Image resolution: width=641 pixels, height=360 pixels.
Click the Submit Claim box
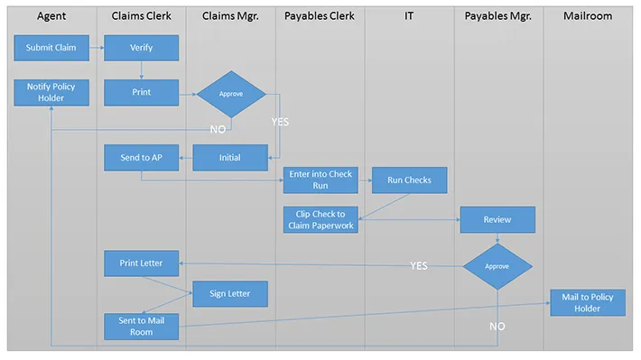click(x=51, y=48)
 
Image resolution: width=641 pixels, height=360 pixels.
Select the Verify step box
click(x=141, y=48)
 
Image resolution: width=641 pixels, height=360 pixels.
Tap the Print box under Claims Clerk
click(x=141, y=92)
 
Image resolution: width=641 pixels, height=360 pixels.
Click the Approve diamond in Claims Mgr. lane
click(x=231, y=93)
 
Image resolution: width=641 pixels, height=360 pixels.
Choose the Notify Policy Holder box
click(x=51, y=92)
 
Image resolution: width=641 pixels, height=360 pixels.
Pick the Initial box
click(x=230, y=157)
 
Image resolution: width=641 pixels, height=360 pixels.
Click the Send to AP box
click(x=141, y=157)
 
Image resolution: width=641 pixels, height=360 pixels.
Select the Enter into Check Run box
click(x=320, y=180)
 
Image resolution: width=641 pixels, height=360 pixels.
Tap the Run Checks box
click(x=409, y=180)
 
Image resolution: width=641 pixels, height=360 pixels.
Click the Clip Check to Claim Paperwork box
click(x=320, y=219)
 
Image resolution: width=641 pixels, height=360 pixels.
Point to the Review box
click(x=497, y=219)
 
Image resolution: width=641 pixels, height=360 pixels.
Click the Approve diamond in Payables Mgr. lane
click(x=497, y=266)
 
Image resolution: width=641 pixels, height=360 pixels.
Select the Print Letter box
click(x=141, y=263)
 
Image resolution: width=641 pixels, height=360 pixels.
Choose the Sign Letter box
click(x=229, y=293)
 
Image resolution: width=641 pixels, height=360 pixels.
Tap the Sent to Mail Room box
click(x=141, y=327)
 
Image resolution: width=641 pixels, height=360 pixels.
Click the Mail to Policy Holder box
click(x=588, y=303)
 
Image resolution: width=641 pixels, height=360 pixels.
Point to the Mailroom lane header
click(x=587, y=16)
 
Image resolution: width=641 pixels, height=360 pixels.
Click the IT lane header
click(x=409, y=16)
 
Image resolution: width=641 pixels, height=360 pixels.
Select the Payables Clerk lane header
click(x=320, y=16)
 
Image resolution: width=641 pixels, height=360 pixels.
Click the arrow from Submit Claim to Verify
click(x=97, y=48)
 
